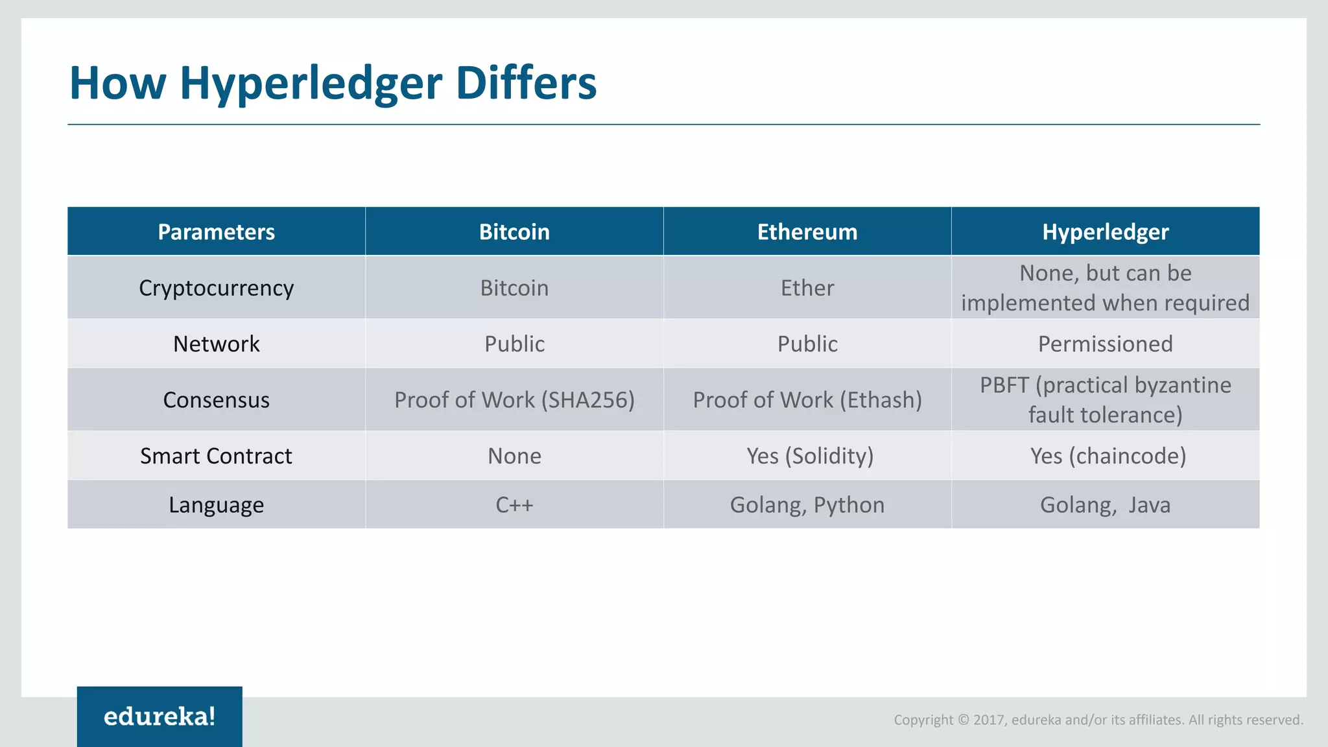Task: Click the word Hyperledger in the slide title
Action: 312,84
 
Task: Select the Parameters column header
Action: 216,231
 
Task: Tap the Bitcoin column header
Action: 514,231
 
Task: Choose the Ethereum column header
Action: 807,231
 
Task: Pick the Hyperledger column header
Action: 1105,231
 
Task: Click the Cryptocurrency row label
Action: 216,287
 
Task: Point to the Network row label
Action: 216,344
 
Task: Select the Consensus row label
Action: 216,400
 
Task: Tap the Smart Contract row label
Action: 216,456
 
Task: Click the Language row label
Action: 216,504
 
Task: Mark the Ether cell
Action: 807,287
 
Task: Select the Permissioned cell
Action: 1105,344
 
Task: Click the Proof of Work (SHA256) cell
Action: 514,400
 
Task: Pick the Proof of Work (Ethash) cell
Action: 807,400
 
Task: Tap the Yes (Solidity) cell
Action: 810,456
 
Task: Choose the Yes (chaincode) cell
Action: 1108,456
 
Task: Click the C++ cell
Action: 514,504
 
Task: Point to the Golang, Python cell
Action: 807,504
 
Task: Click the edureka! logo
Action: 160,717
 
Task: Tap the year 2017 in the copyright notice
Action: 989,720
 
